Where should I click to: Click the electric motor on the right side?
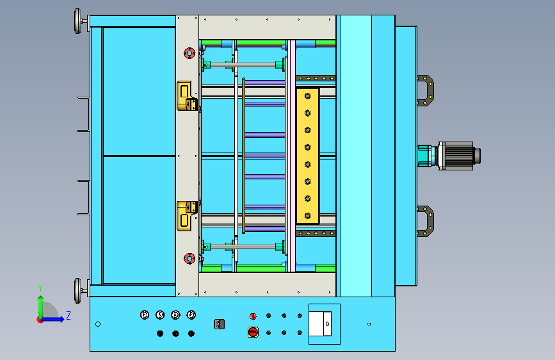pos(459,156)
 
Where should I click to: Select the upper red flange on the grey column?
pos(189,53)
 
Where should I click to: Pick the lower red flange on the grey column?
pos(189,259)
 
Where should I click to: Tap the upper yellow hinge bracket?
pos(186,96)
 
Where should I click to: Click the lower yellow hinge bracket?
pos(186,216)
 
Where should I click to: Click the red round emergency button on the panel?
pos(253,316)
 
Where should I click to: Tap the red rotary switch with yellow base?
pos(253,332)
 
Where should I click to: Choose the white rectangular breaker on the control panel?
pos(320,323)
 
